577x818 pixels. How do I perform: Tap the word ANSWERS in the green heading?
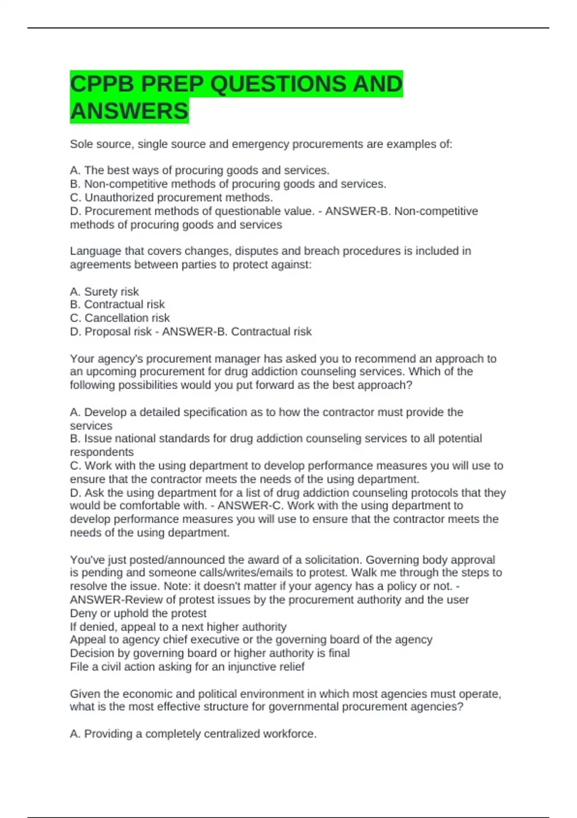[129, 111]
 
